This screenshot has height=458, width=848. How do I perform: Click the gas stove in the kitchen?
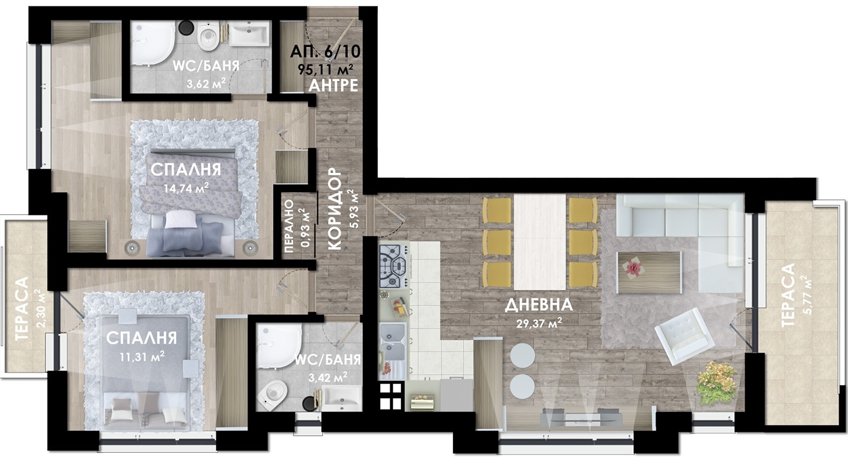[394, 266]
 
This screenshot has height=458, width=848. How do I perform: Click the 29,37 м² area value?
[539, 323]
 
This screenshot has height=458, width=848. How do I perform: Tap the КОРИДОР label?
[335, 209]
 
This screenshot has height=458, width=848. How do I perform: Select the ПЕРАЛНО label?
[289, 227]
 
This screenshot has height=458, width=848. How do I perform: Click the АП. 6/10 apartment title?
[325, 52]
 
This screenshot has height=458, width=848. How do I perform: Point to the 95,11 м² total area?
[326, 69]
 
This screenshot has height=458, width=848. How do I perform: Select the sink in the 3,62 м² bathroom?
[249, 33]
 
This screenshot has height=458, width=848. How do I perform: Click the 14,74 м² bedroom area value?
[187, 188]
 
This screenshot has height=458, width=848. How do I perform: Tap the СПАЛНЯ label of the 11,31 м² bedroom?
[141, 338]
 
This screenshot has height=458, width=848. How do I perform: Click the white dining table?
[539, 242]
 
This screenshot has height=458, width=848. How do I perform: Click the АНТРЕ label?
[333, 86]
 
